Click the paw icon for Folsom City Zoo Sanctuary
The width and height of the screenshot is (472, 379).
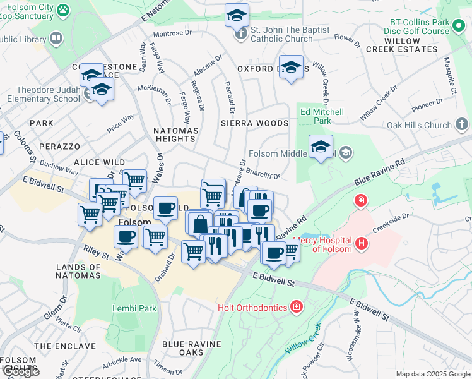62,10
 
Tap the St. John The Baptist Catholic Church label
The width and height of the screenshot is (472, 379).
281,34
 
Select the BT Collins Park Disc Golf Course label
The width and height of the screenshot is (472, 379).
427,27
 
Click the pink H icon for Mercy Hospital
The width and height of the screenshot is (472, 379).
361,243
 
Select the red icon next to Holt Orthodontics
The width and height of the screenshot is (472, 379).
296,308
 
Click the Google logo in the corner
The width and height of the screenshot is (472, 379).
20,371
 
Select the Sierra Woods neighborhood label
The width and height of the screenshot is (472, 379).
254,123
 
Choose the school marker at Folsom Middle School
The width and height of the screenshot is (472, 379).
321,148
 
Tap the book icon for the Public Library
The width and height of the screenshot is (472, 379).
56,39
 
